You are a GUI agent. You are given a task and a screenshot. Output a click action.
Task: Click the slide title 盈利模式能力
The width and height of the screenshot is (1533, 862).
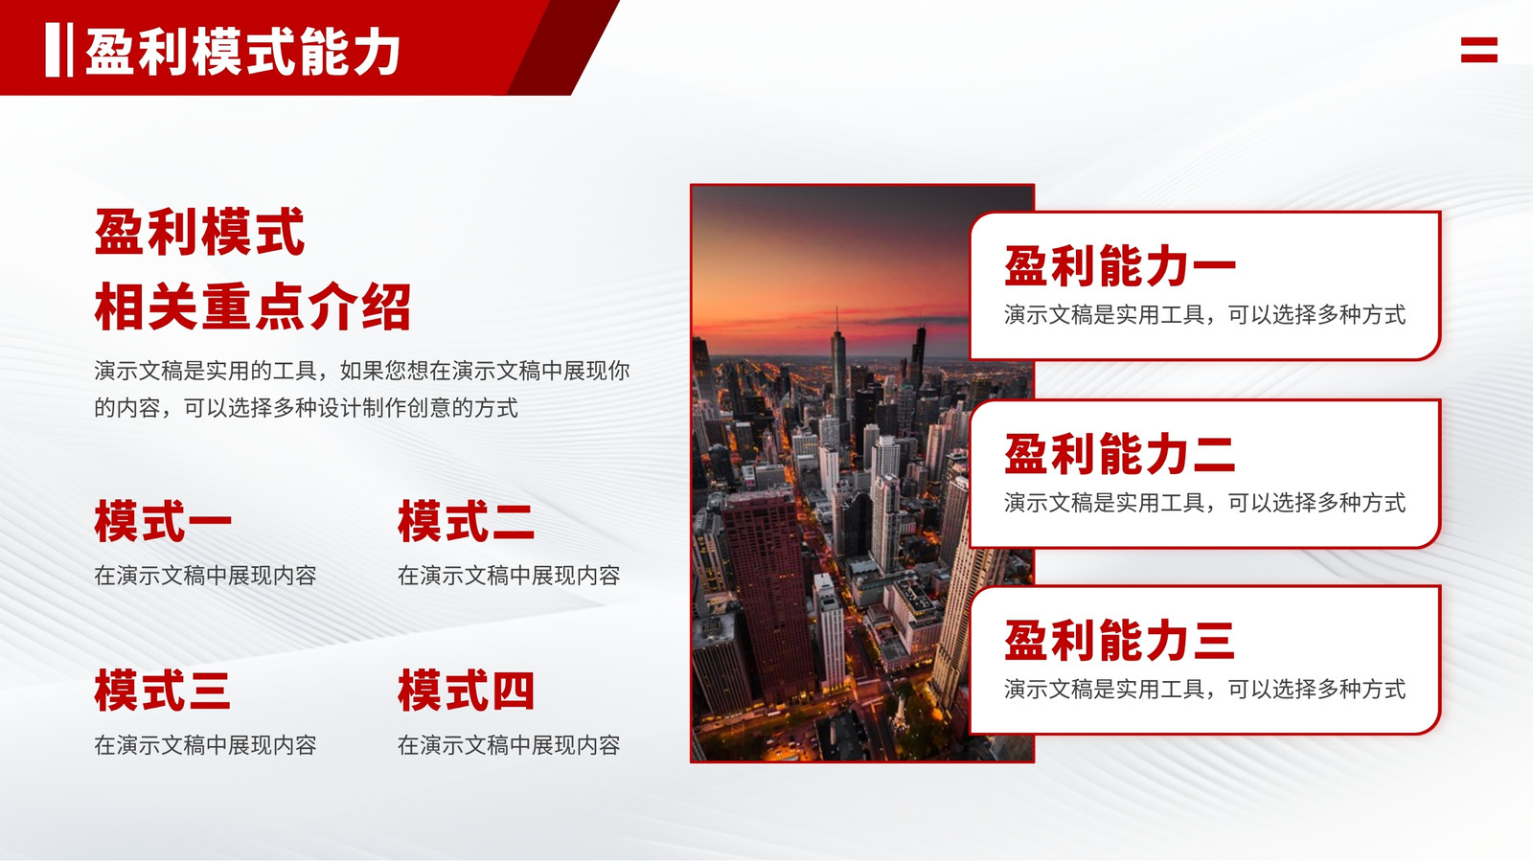pos(243,52)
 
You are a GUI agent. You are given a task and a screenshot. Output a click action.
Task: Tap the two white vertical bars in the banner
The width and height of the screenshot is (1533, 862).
pos(58,50)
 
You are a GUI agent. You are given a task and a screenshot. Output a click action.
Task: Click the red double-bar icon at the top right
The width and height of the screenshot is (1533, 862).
pos(1479,50)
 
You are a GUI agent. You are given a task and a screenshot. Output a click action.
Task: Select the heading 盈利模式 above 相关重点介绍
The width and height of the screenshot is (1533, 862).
pos(199,232)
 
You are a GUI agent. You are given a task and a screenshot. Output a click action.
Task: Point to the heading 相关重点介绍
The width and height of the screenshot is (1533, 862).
pos(253,306)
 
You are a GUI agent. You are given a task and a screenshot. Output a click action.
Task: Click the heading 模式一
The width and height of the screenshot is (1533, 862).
pos(163,522)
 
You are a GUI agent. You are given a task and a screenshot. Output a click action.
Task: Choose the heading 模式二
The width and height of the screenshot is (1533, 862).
pos(466,522)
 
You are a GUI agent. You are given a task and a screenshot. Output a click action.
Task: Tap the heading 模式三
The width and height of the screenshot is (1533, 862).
pos(162,691)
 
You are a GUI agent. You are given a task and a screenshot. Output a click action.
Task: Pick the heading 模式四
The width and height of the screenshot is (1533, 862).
pos(466,691)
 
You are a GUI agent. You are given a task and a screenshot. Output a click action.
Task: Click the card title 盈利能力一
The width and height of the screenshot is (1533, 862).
pos(1120,266)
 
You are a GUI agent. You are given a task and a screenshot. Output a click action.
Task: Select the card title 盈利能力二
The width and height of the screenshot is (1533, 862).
pos(1120,454)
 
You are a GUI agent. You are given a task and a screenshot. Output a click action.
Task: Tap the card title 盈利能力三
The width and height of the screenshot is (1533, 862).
pos(1120,641)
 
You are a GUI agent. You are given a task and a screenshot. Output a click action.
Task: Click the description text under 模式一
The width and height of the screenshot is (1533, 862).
pos(205,576)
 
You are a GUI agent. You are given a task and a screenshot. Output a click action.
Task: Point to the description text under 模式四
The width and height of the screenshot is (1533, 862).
pos(509,745)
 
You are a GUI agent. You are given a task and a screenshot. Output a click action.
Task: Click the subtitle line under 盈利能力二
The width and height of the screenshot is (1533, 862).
pos(1205,503)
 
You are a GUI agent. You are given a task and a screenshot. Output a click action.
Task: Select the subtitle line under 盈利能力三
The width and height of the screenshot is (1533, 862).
pos(1205,690)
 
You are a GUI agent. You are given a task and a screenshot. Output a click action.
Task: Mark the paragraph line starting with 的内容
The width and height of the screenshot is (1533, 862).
pos(306,408)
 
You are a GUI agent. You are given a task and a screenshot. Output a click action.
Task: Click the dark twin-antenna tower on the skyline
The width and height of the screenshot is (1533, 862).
pos(919,354)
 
